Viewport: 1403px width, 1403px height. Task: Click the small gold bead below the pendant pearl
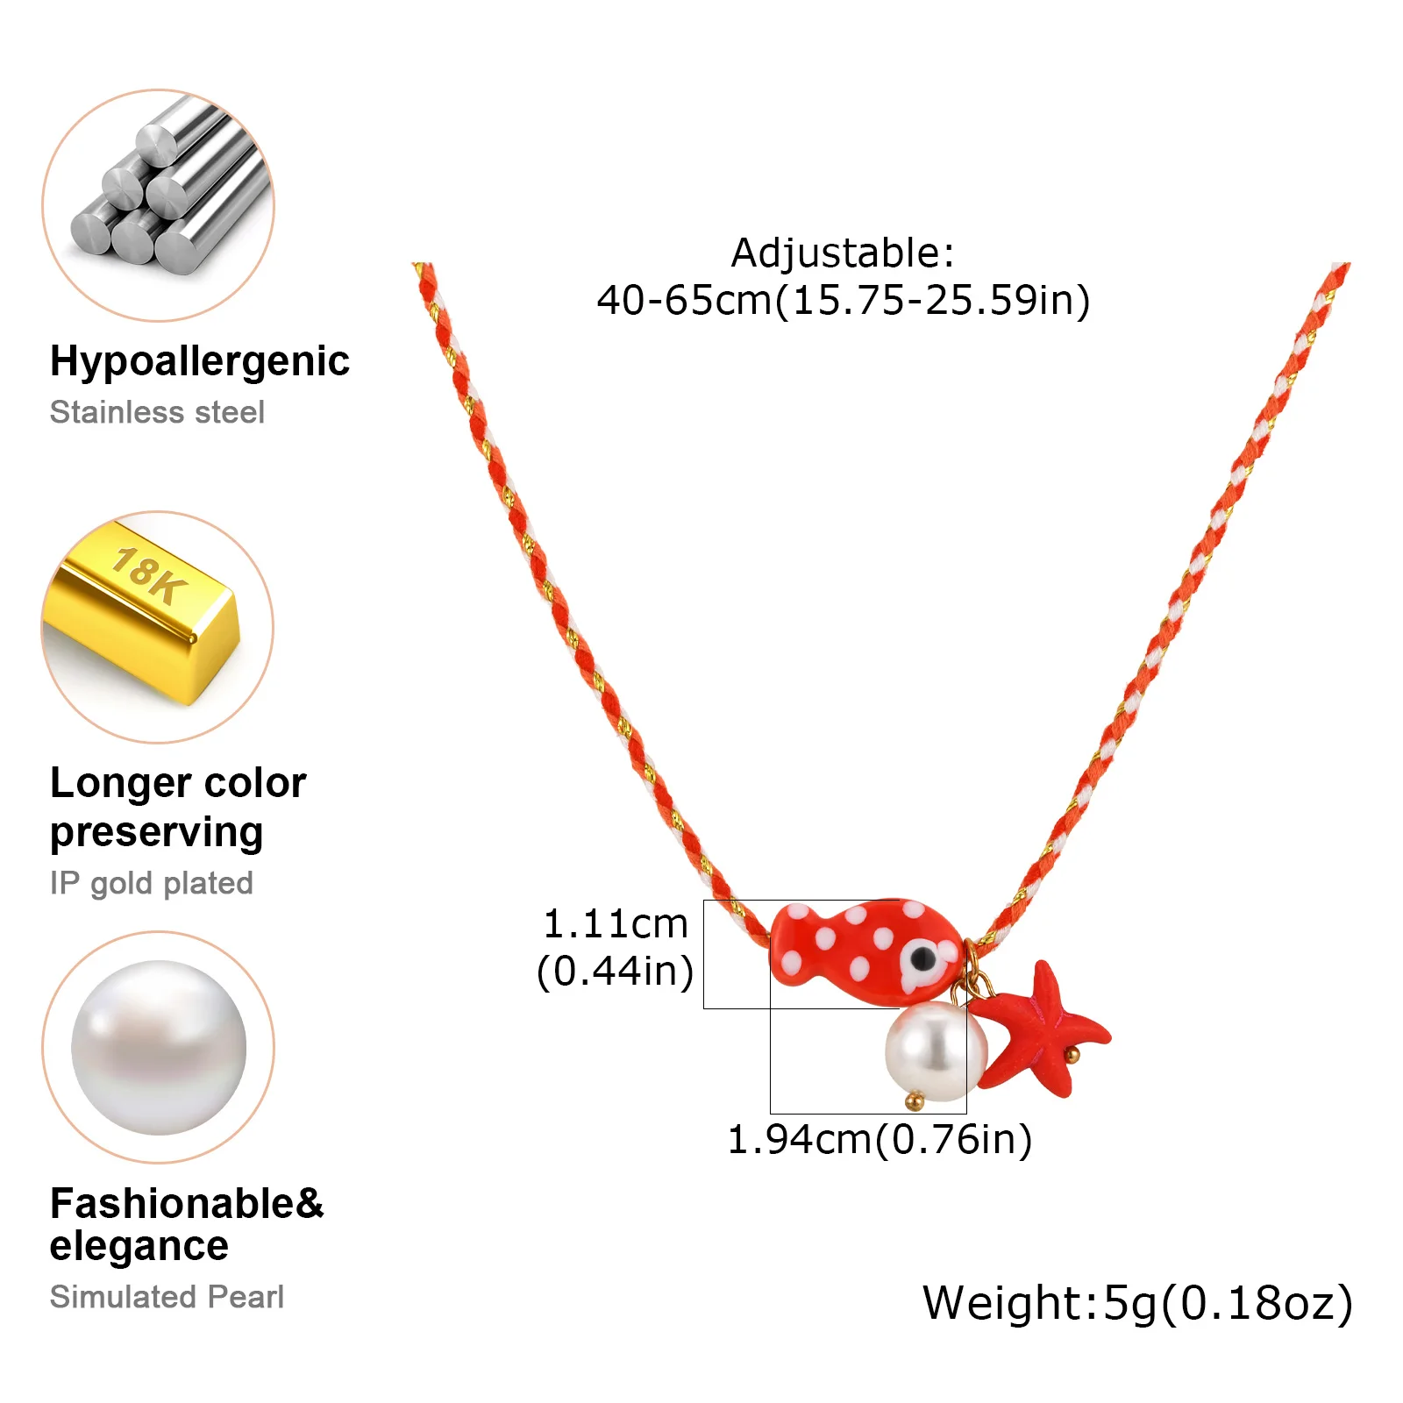(x=915, y=1101)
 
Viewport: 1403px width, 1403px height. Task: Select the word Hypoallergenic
(x=200, y=362)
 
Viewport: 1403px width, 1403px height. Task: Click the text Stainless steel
(x=157, y=412)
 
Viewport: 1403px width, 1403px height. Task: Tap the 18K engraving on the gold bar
(x=150, y=574)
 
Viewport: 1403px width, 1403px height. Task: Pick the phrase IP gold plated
(x=152, y=883)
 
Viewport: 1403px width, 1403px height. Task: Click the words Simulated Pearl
(x=167, y=1297)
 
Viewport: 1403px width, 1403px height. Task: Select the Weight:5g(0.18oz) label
(x=1138, y=1304)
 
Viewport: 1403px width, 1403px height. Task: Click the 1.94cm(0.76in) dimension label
(x=880, y=1140)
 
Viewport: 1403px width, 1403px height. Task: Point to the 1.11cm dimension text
(x=616, y=924)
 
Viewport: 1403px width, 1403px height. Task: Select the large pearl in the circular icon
(x=159, y=1048)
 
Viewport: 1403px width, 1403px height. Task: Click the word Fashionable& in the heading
(x=187, y=1204)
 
